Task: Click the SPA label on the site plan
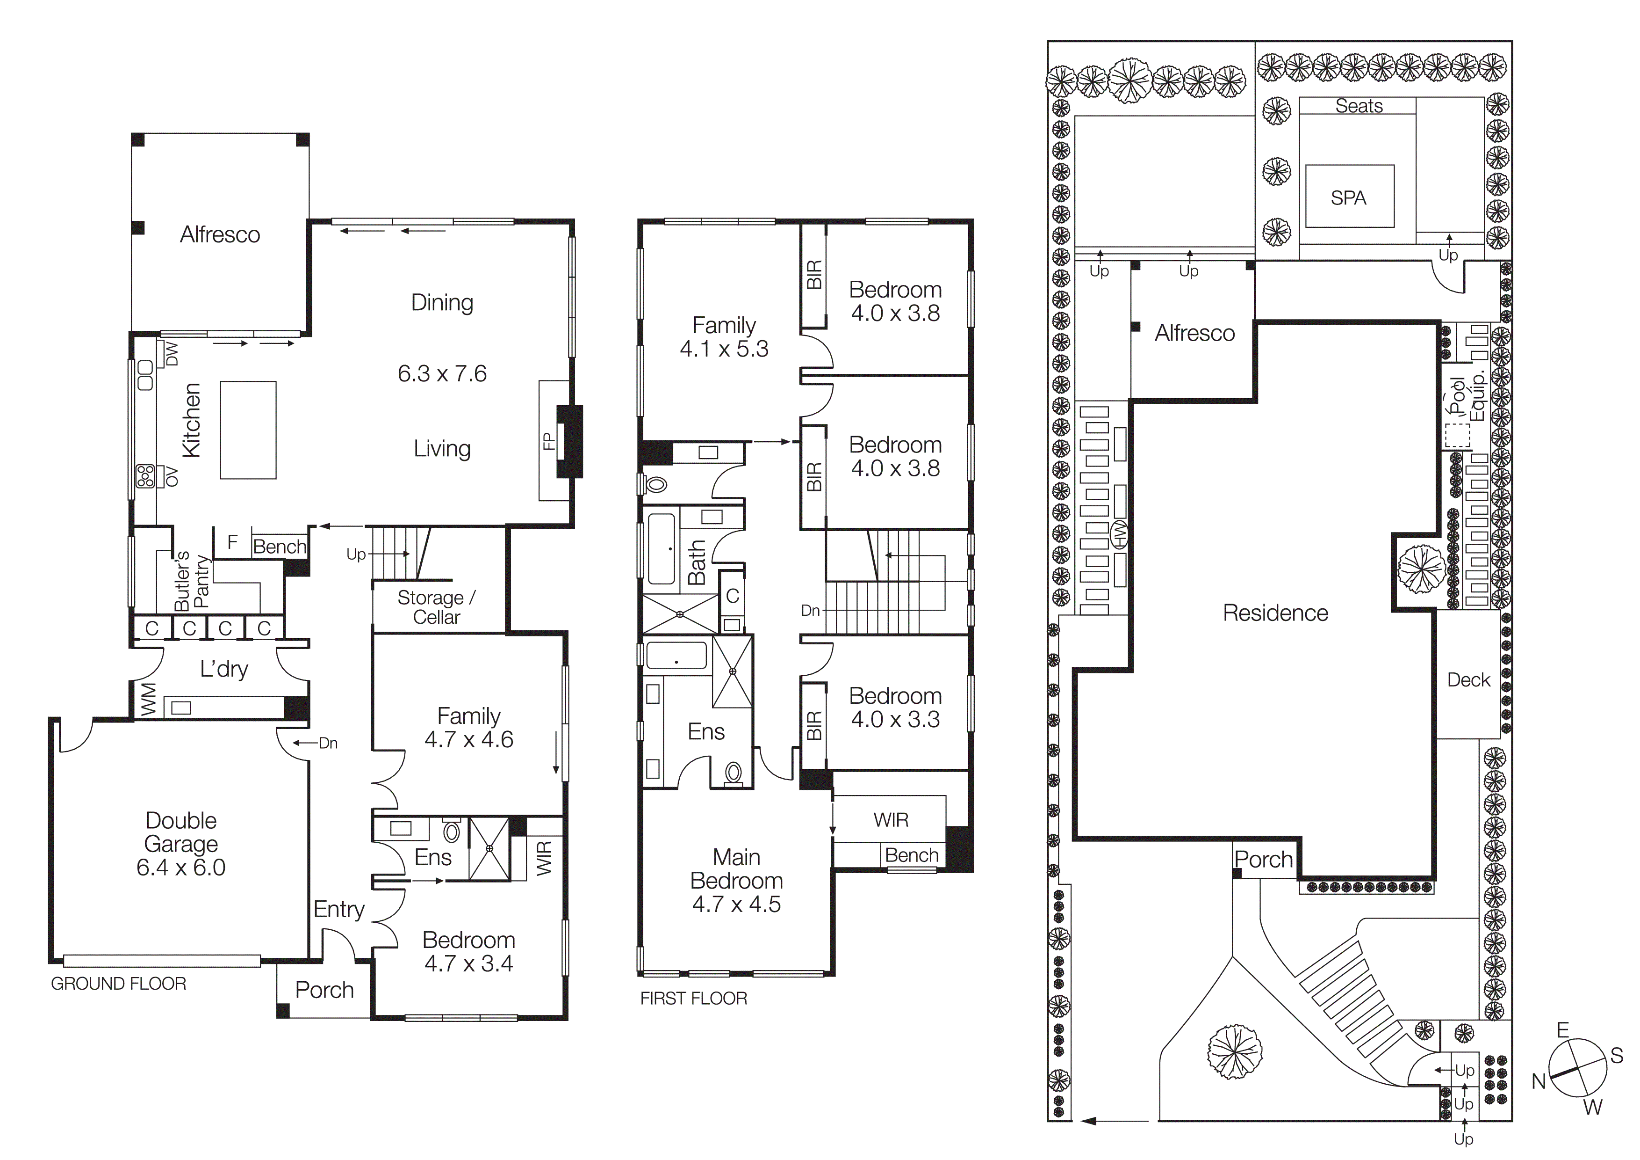point(1348,198)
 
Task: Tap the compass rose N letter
point(1539,1081)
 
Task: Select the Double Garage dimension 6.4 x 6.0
point(181,868)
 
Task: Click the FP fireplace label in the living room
point(548,441)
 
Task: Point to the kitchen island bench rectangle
point(248,430)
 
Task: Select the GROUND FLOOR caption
point(119,984)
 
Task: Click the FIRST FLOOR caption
point(693,999)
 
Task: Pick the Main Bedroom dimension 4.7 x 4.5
point(736,904)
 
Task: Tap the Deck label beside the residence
point(1468,680)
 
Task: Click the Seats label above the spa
point(1359,106)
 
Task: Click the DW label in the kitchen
point(172,354)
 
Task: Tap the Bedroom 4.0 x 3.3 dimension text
point(895,719)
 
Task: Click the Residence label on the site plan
point(1275,613)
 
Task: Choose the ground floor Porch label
point(324,990)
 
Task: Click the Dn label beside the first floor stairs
point(810,610)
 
